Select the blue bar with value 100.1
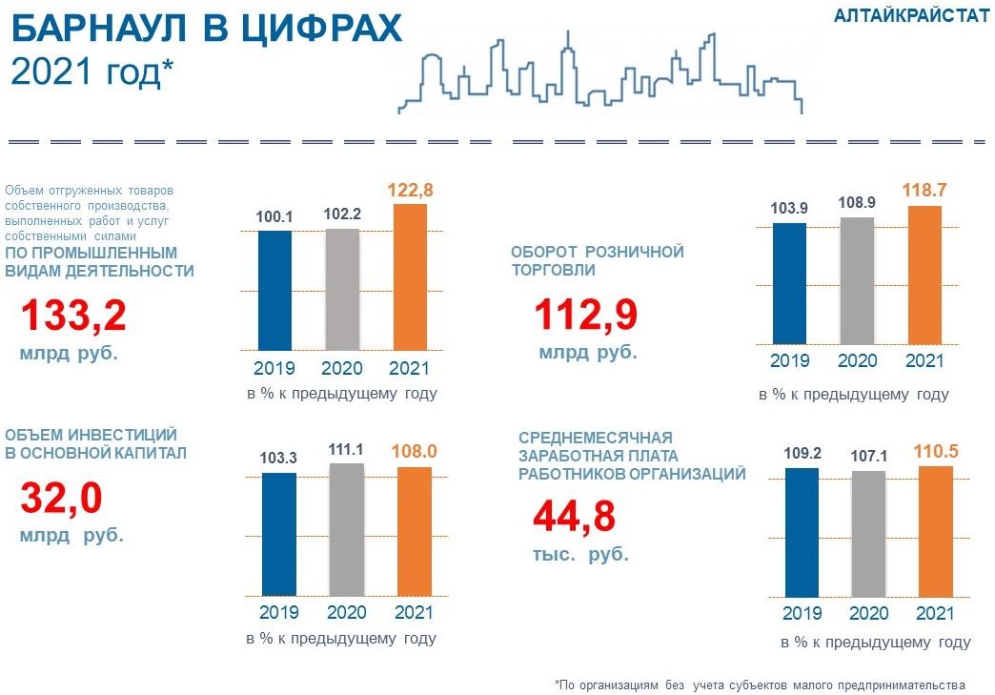(x=275, y=289)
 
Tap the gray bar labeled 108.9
(x=857, y=280)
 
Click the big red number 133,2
(x=73, y=317)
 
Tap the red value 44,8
(x=574, y=517)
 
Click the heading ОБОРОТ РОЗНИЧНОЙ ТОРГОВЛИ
(x=598, y=260)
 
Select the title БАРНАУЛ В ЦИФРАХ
(x=206, y=31)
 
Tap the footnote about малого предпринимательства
(x=760, y=685)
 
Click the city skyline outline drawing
(x=600, y=74)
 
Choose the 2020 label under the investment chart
(x=346, y=612)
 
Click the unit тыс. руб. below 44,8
(x=580, y=555)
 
